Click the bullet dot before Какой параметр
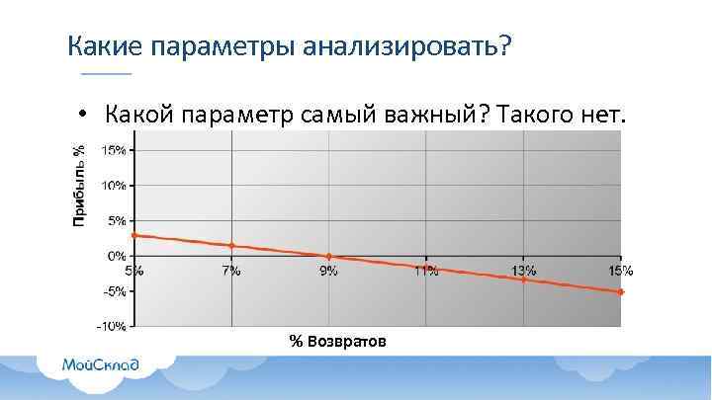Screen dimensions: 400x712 click(87, 116)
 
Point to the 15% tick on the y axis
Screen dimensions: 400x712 click(115, 150)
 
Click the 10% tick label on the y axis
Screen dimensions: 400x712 click(115, 185)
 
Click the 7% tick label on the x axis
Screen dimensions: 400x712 click(231, 271)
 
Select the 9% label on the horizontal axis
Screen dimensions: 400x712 click(328, 271)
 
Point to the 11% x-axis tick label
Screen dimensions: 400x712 click(426, 271)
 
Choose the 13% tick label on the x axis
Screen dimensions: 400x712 click(524, 271)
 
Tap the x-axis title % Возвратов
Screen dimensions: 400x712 click(338, 341)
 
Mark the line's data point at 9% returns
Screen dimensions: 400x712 click(329, 257)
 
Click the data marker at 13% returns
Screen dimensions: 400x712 click(524, 280)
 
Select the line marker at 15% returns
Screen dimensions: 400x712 click(621, 292)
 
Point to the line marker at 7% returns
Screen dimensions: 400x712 click(231, 245)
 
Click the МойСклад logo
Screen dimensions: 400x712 click(101, 363)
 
